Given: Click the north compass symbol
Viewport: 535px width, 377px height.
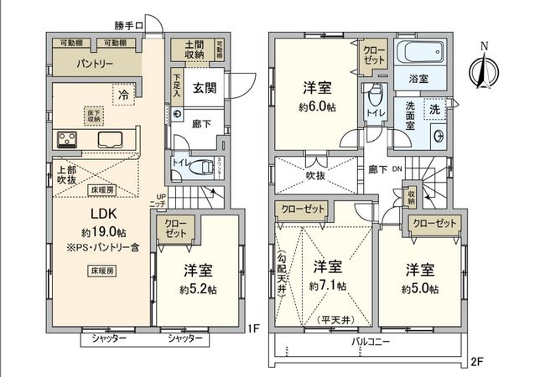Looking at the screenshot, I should click(x=483, y=67).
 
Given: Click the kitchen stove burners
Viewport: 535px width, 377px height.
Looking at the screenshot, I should click(x=67, y=138).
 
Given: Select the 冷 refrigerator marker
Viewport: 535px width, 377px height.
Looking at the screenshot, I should click(x=123, y=94).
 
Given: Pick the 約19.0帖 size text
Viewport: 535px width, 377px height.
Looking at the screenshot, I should click(x=99, y=230).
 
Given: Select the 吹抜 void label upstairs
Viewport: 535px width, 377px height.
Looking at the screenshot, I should click(x=315, y=175).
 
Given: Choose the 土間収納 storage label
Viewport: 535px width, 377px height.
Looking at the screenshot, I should click(x=195, y=49).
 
